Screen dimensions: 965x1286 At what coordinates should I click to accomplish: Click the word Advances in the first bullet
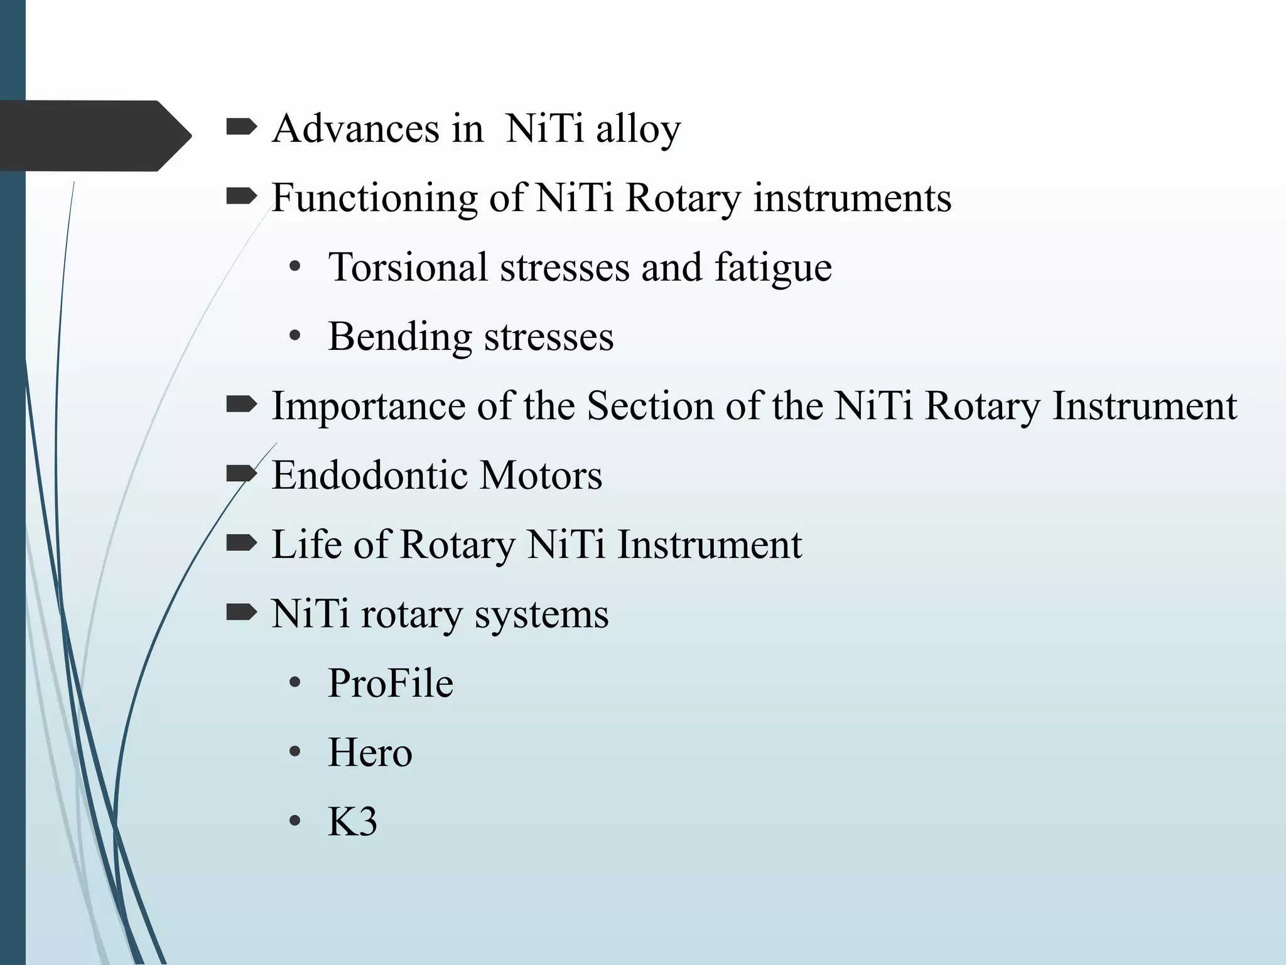[x=355, y=129]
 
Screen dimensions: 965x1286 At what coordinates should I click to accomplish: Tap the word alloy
[x=638, y=130]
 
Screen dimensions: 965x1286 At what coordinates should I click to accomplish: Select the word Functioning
[x=374, y=199]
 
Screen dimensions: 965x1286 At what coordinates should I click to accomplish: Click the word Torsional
[x=408, y=267]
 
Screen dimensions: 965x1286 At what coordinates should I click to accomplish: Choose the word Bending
[x=399, y=337]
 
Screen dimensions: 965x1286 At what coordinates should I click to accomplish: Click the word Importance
[x=368, y=406]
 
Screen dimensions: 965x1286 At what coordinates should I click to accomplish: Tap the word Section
[x=651, y=406]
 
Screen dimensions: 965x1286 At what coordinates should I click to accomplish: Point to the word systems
[x=541, y=614]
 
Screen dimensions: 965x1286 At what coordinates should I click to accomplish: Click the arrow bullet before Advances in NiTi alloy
[x=241, y=128]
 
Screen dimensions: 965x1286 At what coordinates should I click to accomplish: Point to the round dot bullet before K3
[x=294, y=822]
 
